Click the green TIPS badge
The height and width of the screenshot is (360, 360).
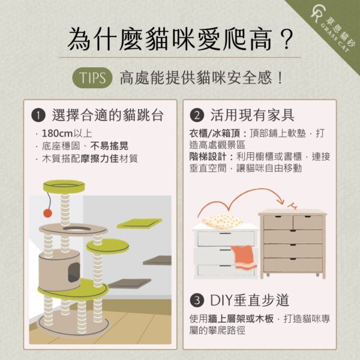click(x=92, y=78)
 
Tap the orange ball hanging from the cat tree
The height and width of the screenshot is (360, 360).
click(x=48, y=213)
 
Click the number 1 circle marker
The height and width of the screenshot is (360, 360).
click(x=38, y=115)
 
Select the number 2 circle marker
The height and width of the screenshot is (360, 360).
click(x=197, y=115)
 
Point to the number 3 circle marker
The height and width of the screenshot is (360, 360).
click(x=197, y=301)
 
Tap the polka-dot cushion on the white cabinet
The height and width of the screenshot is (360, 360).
click(x=222, y=221)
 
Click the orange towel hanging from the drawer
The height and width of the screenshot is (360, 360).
click(x=244, y=257)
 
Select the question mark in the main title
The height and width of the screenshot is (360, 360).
click(x=286, y=40)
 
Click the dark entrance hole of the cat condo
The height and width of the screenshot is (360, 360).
click(x=74, y=272)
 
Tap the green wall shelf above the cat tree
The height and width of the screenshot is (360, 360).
click(x=139, y=223)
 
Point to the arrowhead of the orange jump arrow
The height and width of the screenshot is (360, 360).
click(x=281, y=201)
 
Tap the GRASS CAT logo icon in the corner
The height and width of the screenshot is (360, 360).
click(x=318, y=14)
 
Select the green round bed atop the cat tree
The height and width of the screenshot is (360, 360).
click(x=64, y=186)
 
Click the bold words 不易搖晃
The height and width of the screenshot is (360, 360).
click(x=109, y=146)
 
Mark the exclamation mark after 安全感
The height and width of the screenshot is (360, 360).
click(x=280, y=78)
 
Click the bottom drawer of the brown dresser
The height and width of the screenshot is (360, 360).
click(x=293, y=265)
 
